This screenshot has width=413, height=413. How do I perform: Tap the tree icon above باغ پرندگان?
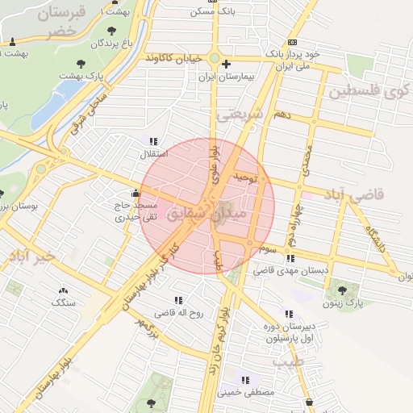point(111,31)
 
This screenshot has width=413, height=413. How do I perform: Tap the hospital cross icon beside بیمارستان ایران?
point(226,64)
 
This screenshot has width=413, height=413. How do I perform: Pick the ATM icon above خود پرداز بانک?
point(291,42)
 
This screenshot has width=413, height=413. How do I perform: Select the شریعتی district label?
point(241,115)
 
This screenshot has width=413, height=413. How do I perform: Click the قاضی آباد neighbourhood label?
point(355,194)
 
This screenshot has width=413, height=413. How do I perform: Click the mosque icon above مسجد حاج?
point(135,193)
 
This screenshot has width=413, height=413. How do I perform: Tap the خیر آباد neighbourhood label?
point(34,257)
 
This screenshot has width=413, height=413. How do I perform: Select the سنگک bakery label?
point(63,302)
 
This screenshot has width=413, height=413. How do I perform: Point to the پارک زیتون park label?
point(348,303)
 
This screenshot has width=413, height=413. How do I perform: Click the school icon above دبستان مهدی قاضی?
point(290,258)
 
